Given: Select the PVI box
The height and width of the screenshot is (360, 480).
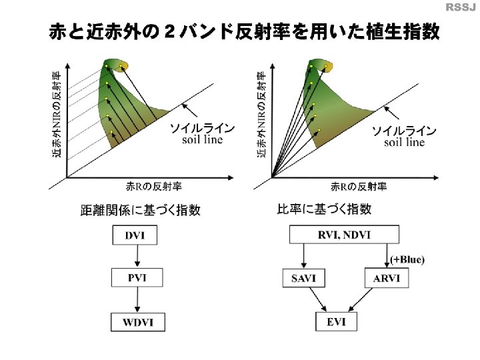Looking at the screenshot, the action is [x=136, y=277].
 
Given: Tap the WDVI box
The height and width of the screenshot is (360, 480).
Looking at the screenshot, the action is [x=137, y=323].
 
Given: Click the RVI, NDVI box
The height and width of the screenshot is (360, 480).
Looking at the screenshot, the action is [x=343, y=234].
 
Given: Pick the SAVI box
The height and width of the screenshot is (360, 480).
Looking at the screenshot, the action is [x=303, y=278].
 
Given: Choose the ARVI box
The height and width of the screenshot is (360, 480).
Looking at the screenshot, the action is [x=386, y=278].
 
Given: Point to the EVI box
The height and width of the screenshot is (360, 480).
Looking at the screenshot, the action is [x=336, y=322].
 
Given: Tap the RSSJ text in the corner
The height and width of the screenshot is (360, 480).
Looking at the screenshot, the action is [x=461, y=7].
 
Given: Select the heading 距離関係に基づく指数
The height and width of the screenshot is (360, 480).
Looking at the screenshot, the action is [x=140, y=210].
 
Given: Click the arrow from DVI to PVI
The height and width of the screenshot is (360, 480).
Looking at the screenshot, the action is [x=136, y=256].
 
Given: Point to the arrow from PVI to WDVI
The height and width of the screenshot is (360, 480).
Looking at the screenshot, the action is [x=136, y=300].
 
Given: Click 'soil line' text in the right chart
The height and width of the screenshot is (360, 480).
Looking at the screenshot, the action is [x=404, y=142].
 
